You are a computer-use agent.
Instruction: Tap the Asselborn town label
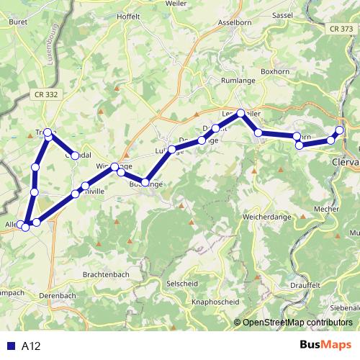tap(234, 23)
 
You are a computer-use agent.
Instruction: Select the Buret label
tap(18, 22)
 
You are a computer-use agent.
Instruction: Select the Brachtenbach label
tap(106, 274)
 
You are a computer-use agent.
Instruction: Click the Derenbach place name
tap(58, 296)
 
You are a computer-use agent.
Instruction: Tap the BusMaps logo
tap(325, 345)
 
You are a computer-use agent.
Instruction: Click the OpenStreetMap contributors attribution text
tap(297, 323)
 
